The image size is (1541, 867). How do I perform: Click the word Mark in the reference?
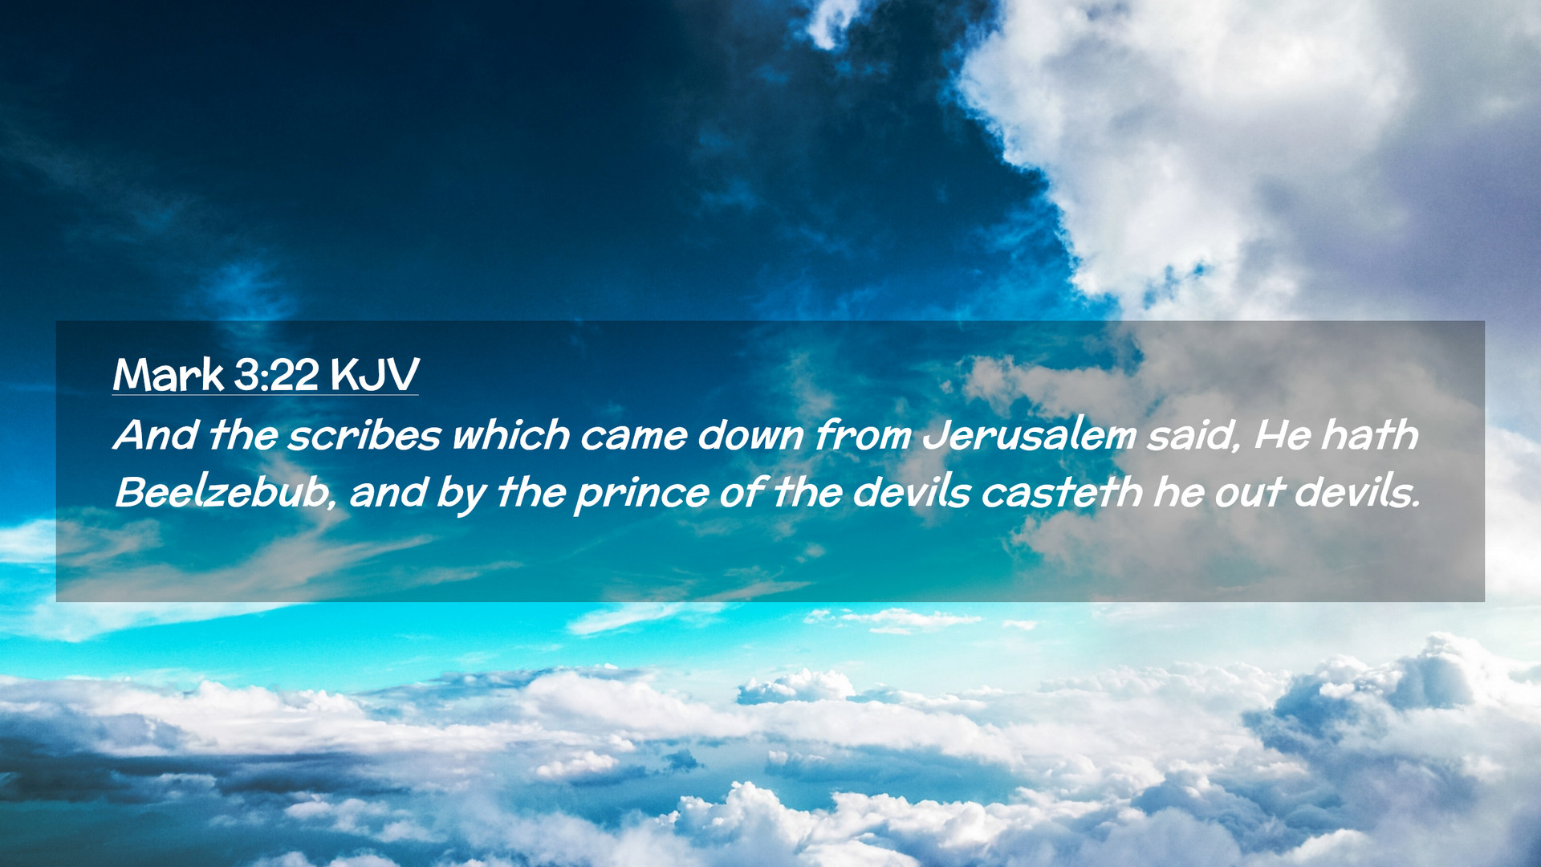click(169, 374)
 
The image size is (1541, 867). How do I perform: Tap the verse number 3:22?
click(276, 374)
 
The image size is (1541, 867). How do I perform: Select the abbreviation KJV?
click(374, 374)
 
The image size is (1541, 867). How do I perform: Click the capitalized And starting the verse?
click(157, 435)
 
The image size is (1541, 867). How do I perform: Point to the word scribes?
click(364, 435)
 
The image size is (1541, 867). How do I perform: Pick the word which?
click(511, 435)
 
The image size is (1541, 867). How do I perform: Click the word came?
click(633, 438)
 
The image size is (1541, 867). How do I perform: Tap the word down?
click(750, 435)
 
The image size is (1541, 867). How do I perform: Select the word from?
click(863, 435)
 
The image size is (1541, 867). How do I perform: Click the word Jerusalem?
click(1030, 435)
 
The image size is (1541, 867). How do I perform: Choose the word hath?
click(1370, 435)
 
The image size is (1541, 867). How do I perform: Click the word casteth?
click(1062, 493)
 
